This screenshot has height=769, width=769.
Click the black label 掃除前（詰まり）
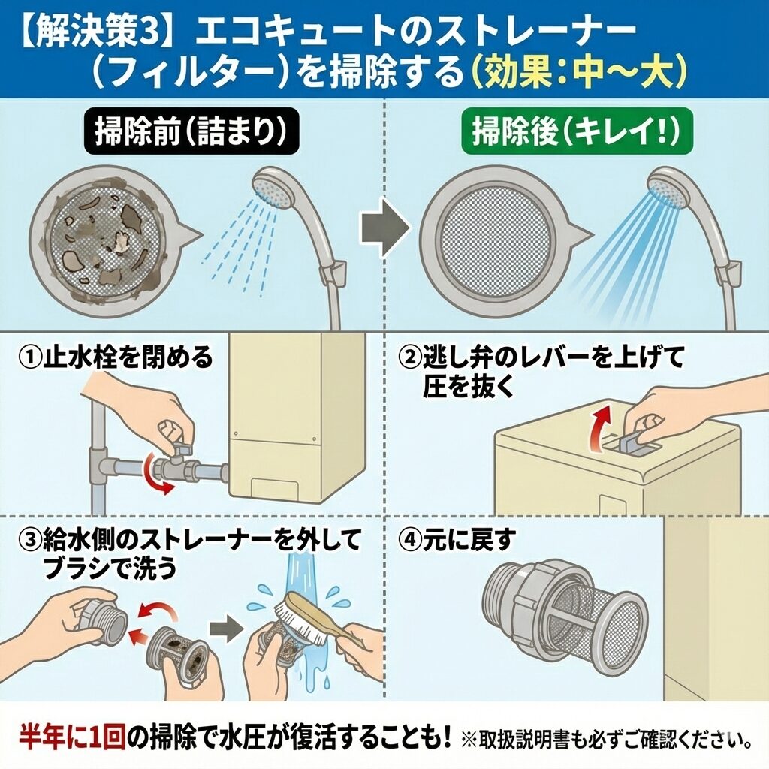coord(191,131)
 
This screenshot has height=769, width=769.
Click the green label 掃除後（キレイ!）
coord(577,131)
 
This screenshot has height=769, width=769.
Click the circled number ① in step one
coord(30,357)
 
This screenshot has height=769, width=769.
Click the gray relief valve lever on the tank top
coord(632,442)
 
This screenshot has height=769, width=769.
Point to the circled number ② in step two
coord(410,357)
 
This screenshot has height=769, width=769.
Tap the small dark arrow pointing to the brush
coord(227,627)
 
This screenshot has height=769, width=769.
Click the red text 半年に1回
coord(73,736)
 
